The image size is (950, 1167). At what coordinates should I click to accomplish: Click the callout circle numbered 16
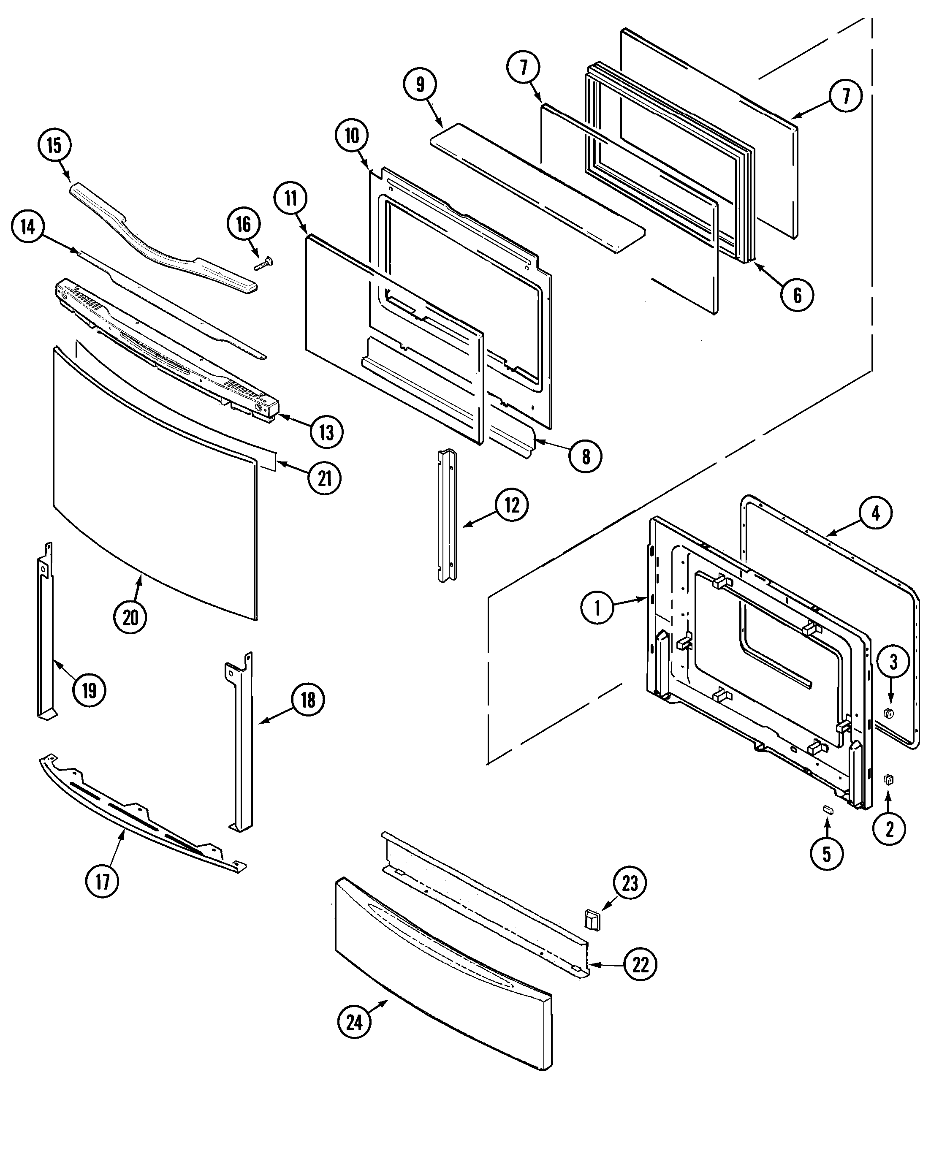244,224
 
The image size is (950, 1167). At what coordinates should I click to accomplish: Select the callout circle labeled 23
630,883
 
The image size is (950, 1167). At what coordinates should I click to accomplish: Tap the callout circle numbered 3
893,662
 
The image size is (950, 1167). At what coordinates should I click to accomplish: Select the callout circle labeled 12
512,505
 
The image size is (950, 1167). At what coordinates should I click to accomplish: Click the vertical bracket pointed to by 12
447,516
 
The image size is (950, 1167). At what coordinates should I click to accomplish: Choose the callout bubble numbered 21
325,478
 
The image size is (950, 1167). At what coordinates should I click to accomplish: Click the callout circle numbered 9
420,85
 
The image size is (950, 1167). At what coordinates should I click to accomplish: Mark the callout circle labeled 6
797,296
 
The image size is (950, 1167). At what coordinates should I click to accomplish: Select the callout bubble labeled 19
89,690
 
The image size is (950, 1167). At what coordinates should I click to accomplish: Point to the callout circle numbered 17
102,882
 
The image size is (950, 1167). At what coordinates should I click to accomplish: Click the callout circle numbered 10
351,135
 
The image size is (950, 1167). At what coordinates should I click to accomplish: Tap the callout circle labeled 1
597,608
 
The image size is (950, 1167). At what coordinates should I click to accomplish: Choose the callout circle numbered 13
327,432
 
